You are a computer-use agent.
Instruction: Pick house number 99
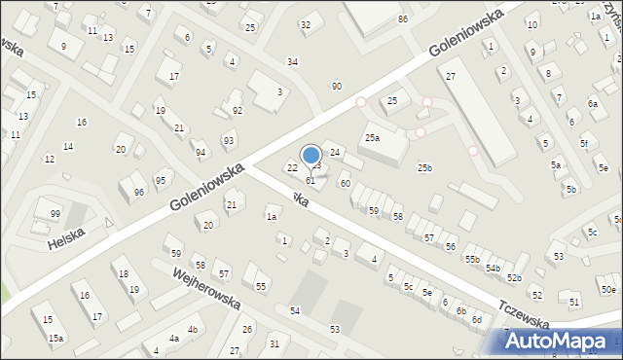pyautogui.click(x=55, y=214)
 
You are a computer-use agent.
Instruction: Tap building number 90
pyautogui.click(x=337, y=87)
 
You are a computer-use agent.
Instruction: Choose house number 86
pyautogui.click(x=403, y=19)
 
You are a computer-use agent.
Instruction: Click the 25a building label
pyautogui.click(x=372, y=138)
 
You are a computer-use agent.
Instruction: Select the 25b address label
pyautogui.click(x=424, y=168)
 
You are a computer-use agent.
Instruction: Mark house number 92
pyautogui.click(x=238, y=111)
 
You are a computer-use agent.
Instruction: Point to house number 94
pyautogui.click(x=201, y=153)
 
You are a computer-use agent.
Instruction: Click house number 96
pyautogui.click(x=139, y=193)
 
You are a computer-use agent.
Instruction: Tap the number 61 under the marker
pyautogui.click(x=311, y=181)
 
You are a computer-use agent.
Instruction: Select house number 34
pyautogui.click(x=292, y=62)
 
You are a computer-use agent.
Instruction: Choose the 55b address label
pyautogui.click(x=472, y=259)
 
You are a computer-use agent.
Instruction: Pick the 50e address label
pyautogui.click(x=608, y=290)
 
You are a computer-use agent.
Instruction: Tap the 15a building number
pyautogui.click(x=56, y=338)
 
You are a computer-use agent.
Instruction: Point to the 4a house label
pyautogui.click(x=174, y=339)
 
